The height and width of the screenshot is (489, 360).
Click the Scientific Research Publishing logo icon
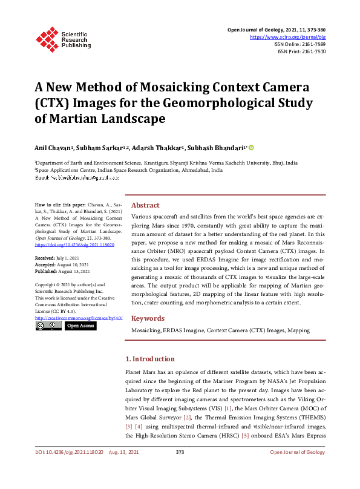point(47,38)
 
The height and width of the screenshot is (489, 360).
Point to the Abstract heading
point(145,205)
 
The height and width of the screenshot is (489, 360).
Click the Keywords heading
point(148,318)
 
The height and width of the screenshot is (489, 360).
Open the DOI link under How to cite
point(75,246)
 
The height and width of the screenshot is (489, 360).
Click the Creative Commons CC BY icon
point(48,326)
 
